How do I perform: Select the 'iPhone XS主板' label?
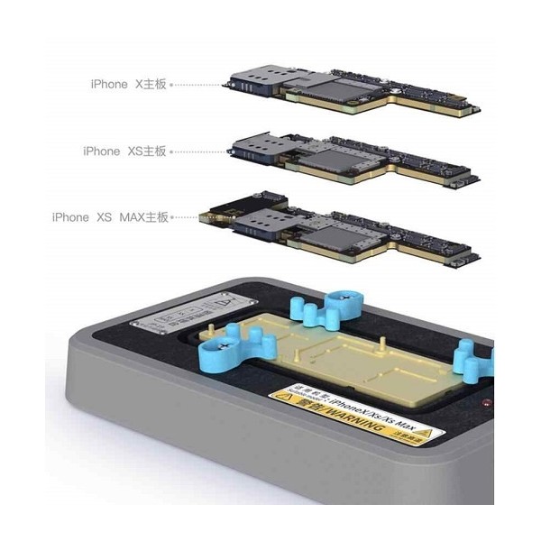(x=124, y=151)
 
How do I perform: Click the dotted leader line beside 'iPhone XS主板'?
(x=200, y=151)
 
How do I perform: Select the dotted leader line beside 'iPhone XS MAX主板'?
(x=188, y=217)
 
